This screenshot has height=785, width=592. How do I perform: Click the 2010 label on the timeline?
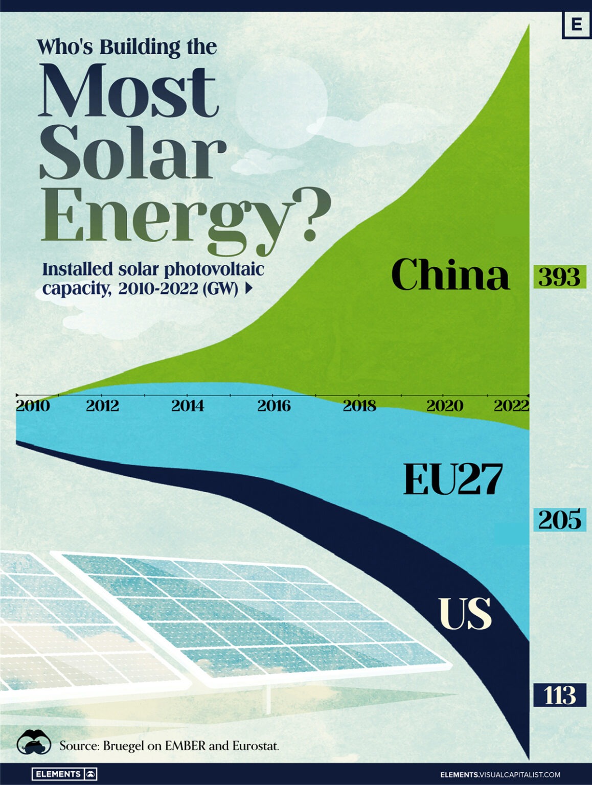pyautogui.click(x=33, y=406)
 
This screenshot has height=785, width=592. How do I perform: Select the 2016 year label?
pyautogui.click(x=274, y=406)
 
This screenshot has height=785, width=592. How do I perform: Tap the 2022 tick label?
pyautogui.click(x=511, y=406)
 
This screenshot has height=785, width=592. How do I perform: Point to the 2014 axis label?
pyautogui.click(x=188, y=406)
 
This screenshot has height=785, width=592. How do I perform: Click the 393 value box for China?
pyautogui.click(x=559, y=277)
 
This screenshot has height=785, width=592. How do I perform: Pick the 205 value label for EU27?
pyautogui.click(x=559, y=520)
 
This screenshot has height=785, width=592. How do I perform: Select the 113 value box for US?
pyautogui.click(x=559, y=695)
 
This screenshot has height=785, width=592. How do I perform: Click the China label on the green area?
pyautogui.click(x=450, y=275)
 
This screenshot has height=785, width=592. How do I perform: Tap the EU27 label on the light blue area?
pyautogui.click(x=453, y=479)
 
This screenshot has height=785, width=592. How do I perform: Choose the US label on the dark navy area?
pyautogui.click(x=465, y=613)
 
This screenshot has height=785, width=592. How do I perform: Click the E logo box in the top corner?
pyautogui.click(x=576, y=24)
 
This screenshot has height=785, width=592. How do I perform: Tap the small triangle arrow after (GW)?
pyautogui.click(x=249, y=289)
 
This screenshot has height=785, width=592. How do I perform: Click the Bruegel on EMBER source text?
pyautogui.click(x=169, y=746)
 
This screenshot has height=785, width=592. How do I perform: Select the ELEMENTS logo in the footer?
pyautogui.click(x=64, y=774)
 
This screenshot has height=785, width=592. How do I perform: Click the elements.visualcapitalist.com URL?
pyautogui.click(x=500, y=774)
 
